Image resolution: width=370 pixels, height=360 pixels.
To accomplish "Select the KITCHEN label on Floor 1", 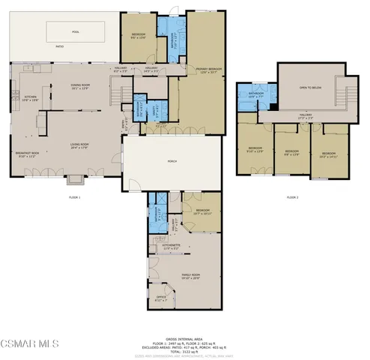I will (x=30, y=97).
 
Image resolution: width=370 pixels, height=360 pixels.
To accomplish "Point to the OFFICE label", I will (x=160, y=300).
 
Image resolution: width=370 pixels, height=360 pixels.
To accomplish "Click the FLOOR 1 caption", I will (x=73, y=196).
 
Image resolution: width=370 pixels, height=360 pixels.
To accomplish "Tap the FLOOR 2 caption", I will (x=293, y=196).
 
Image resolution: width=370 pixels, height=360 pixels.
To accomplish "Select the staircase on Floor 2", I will (x=345, y=94).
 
